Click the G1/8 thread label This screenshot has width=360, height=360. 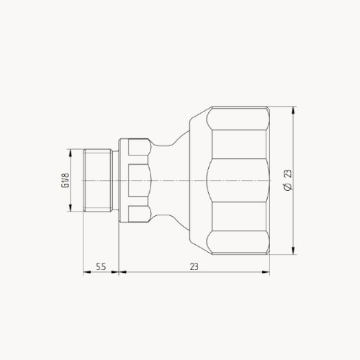(66, 181)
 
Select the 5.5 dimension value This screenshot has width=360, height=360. (102, 266)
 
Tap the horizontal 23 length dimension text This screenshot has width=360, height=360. (194, 266)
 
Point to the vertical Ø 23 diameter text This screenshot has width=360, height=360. (288, 181)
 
